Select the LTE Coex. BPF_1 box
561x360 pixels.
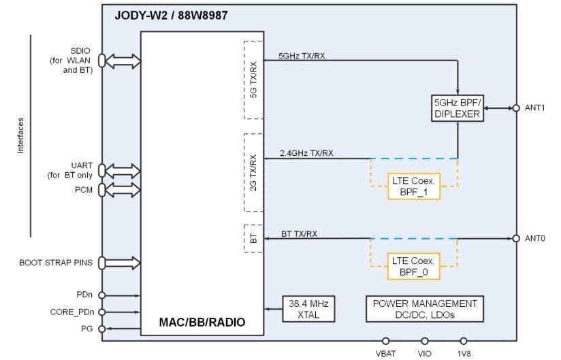tap(413, 186)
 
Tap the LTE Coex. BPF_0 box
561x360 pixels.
tap(413, 265)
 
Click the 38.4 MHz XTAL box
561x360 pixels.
tap(309, 309)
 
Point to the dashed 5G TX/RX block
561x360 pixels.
tap(253, 80)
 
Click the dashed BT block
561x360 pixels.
tap(253, 238)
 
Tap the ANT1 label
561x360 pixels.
tap(536, 108)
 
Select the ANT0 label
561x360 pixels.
tap(536, 238)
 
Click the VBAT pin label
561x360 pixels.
tap(386, 353)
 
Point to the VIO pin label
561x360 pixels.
tap(425, 353)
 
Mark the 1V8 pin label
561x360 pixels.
tap(464, 353)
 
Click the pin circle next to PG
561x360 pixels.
tap(101, 329)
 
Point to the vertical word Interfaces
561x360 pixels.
tap(20, 135)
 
